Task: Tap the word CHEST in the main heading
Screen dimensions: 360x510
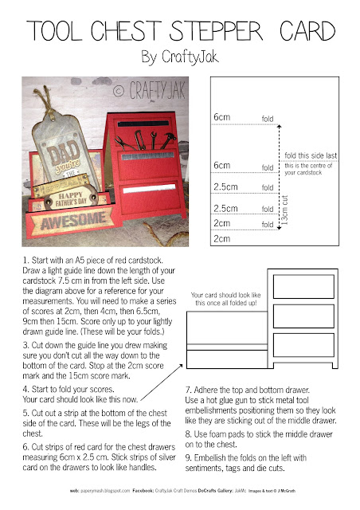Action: coord(130,29)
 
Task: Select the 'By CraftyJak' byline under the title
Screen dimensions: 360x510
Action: coord(179,57)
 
